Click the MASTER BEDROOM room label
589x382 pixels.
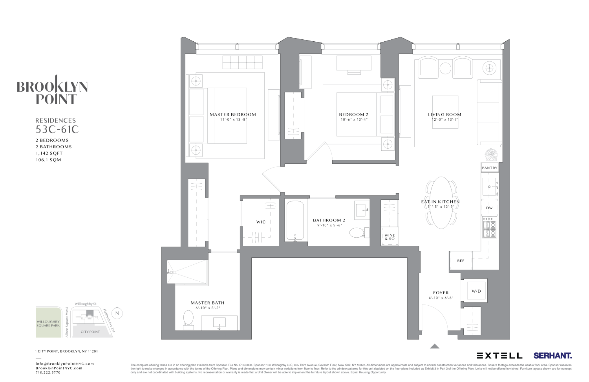coord(232,114)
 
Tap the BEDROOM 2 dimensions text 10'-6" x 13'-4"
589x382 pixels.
coord(354,120)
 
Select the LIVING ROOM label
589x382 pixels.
coord(444,114)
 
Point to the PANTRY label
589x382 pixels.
coord(490,168)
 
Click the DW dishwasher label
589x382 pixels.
coord(489,208)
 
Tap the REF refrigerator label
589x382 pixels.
coord(461,261)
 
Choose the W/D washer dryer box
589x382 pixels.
coord(476,291)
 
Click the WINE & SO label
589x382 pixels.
coord(390,237)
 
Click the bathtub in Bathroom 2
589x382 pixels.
coord(295,220)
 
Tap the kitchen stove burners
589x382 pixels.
coord(490,228)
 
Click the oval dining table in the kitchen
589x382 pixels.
coord(442,203)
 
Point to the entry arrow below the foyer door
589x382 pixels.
coord(434,346)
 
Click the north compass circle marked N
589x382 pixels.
coord(117,314)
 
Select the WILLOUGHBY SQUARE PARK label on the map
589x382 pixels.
coord(48,323)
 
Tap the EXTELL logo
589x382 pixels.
coord(499,356)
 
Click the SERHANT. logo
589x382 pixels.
coord(552,356)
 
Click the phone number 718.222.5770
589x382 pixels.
coord(48,373)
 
